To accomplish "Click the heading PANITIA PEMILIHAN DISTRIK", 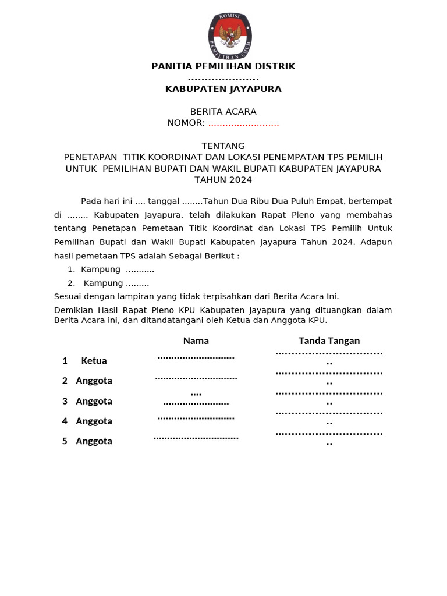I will click(x=223, y=66).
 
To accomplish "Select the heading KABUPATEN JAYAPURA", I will click(x=223, y=89).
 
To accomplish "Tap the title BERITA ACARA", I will click(x=223, y=112).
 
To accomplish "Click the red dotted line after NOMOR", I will click(x=244, y=123).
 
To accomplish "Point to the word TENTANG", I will click(x=223, y=146).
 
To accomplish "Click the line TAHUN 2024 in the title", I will click(x=223, y=180).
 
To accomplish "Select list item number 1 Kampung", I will click(x=111, y=269).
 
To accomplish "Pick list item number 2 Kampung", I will click(x=110, y=283).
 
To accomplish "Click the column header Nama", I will click(x=196, y=340).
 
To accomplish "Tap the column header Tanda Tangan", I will click(x=329, y=340).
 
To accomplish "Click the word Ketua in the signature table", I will click(x=94, y=361).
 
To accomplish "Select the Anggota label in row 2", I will click(x=94, y=381).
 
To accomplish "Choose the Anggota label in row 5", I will click(x=94, y=441).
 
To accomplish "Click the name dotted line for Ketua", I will click(x=196, y=357).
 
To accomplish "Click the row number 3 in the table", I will click(x=65, y=401).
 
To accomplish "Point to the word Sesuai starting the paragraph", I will click(x=68, y=296).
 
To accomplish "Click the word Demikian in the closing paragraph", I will click(x=73, y=310).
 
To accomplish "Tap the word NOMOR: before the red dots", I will click(x=186, y=123).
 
